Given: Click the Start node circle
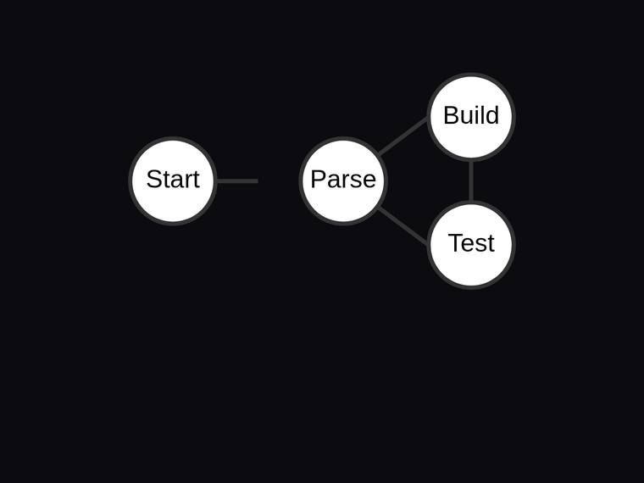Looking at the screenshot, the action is pos(173,180).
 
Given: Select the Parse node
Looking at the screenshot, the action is pos(343,180).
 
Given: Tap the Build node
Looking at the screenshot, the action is pos(471,117).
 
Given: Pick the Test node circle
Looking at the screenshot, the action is pos(471,245).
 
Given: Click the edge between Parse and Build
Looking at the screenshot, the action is pos(402,136).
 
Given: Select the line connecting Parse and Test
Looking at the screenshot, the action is pos(402,225).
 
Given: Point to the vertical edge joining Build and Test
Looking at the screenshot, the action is pos(471,180).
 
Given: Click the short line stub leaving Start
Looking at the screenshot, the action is pos(237,181).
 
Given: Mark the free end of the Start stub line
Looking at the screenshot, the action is pos(258,181).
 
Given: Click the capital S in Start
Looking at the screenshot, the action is pos(155,179).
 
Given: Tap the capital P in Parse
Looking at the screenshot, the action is pos(319,179).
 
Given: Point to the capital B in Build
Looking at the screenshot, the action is pos(452,115).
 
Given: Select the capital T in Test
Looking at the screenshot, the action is pos(457,243).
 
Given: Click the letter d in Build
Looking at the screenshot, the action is pos(492,115).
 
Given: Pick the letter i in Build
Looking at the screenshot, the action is pos(475,114).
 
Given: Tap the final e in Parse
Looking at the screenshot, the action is pos(369,181).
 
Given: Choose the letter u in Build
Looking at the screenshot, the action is pos(467,118).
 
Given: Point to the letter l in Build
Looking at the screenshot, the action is pos(481,114).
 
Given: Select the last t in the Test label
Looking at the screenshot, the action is pos(491,244).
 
